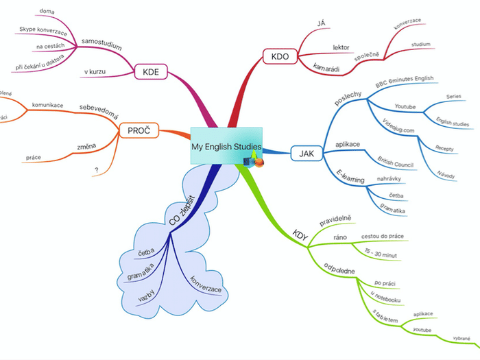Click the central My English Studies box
(x=226, y=145)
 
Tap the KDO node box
(x=279, y=56)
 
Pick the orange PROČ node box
(x=139, y=130)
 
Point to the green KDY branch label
(x=300, y=234)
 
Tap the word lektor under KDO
(x=341, y=47)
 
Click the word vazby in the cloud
(x=147, y=297)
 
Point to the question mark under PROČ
(x=97, y=171)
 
